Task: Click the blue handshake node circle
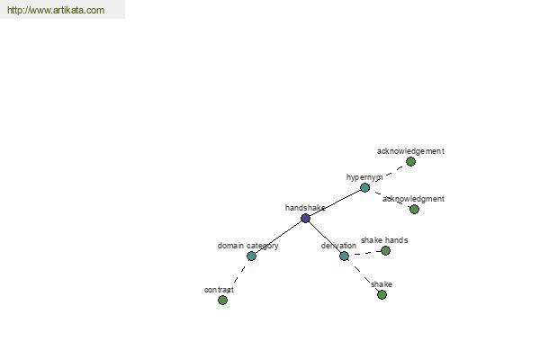(305, 218)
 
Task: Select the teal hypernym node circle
(365, 188)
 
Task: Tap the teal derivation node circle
(344, 256)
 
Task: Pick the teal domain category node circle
(251, 256)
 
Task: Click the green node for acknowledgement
(410, 162)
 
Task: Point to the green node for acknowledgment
(414, 209)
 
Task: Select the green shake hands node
(385, 251)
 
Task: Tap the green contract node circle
(223, 300)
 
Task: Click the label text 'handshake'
(305, 208)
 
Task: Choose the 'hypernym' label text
(364, 177)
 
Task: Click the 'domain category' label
(248, 246)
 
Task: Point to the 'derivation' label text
(338, 246)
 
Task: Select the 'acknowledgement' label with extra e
(410, 151)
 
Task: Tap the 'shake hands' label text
(384, 240)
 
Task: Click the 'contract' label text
(219, 290)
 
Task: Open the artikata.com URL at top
(56, 10)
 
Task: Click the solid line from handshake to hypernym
(335, 202)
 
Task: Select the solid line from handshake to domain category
(278, 237)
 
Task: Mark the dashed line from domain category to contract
(239, 274)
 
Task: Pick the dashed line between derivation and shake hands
(364, 253)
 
